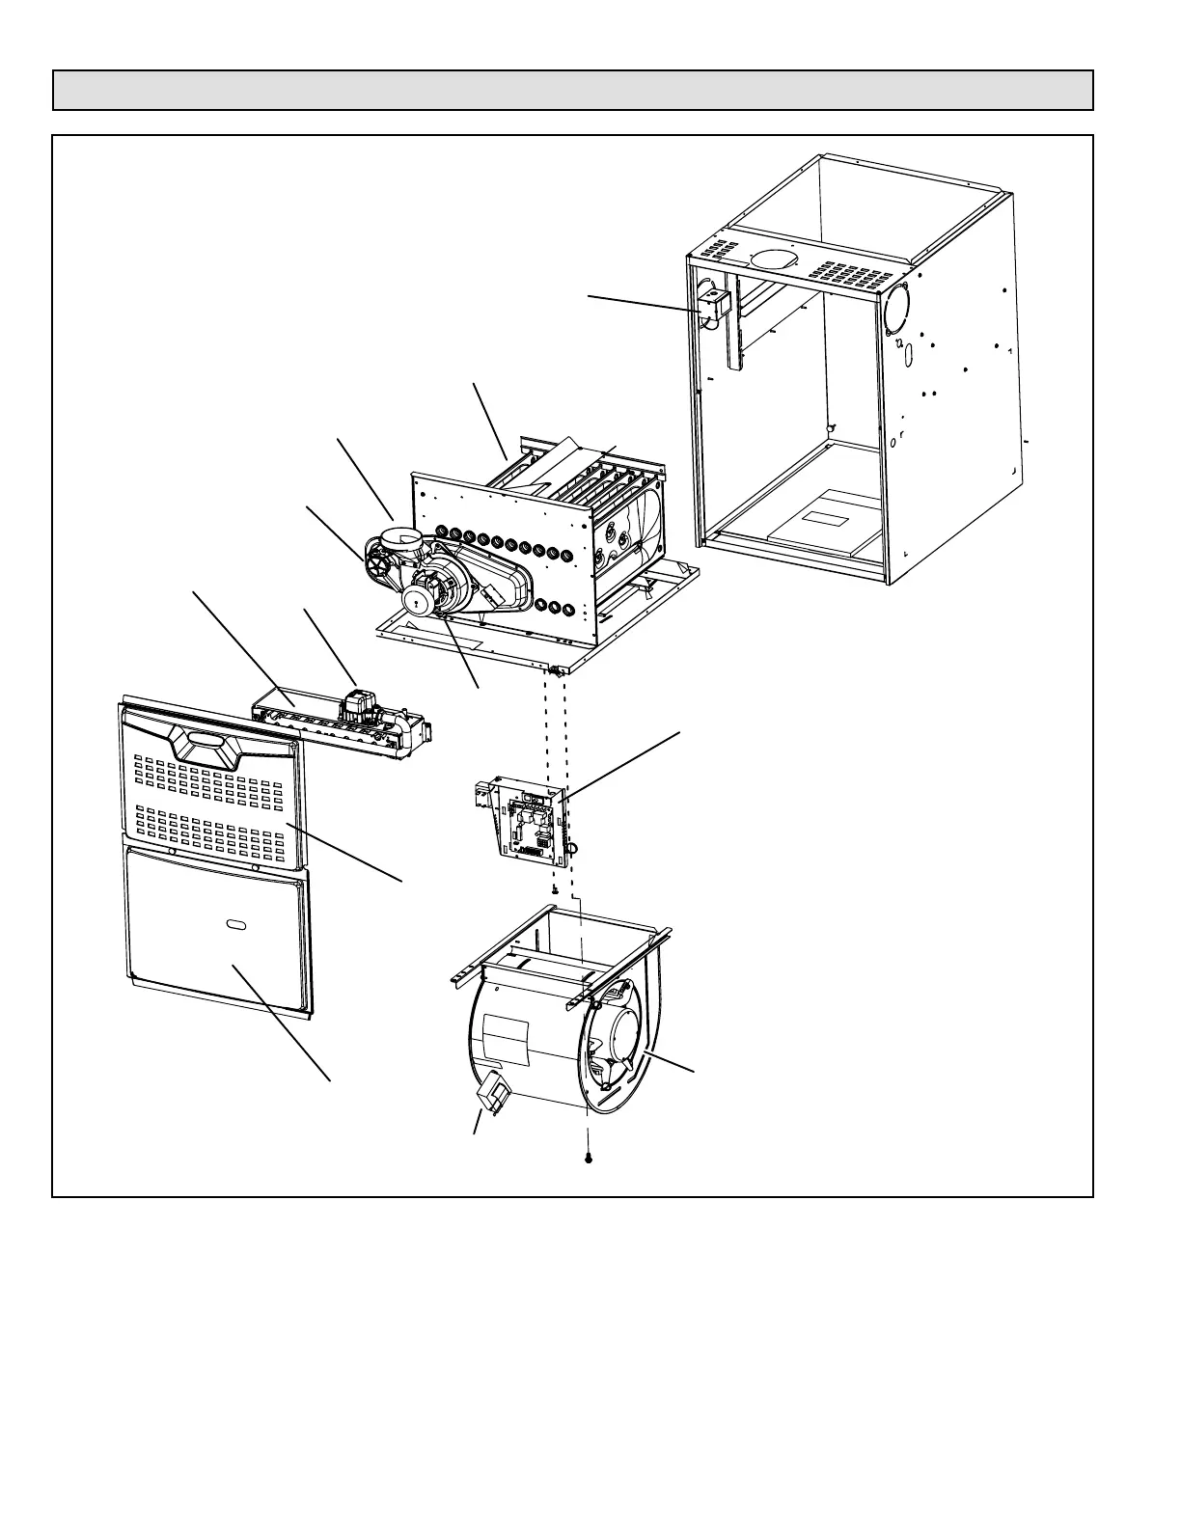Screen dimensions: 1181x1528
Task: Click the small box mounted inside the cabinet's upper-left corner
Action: click(x=715, y=306)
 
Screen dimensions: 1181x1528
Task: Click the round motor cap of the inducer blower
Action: click(x=421, y=599)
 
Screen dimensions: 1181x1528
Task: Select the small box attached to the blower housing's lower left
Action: click(x=494, y=1093)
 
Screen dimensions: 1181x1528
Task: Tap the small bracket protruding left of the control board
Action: click(x=481, y=796)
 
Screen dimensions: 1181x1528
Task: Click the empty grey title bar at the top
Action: click(x=572, y=90)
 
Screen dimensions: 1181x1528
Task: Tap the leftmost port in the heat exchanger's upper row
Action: click(x=443, y=531)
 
